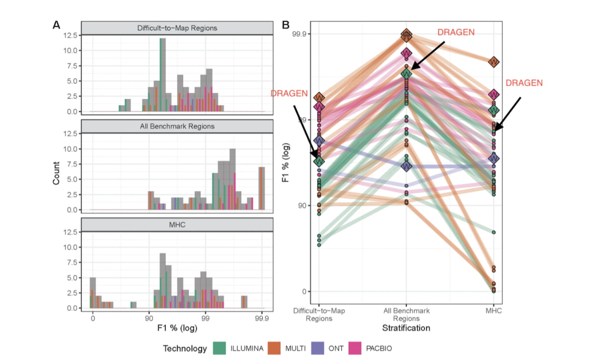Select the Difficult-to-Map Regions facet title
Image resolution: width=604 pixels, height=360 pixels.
point(177,28)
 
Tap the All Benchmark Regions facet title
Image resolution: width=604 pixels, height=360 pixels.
point(177,126)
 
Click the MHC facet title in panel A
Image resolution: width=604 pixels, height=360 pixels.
point(177,225)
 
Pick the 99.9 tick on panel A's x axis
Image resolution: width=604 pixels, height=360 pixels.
point(261,318)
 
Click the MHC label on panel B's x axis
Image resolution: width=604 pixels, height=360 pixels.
point(494,311)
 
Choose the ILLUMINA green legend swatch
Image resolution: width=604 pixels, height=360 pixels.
point(219,348)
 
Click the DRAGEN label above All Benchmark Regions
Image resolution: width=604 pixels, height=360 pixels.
point(455,32)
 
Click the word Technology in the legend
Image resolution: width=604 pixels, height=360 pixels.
point(185,348)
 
